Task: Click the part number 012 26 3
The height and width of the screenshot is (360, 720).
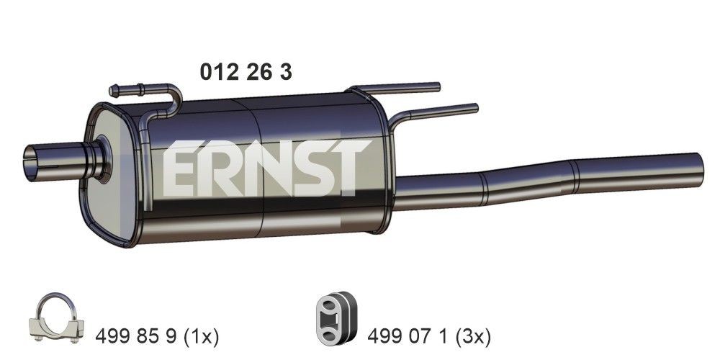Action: [x=245, y=72]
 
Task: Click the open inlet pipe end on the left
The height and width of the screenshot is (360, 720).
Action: [x=32, y=163]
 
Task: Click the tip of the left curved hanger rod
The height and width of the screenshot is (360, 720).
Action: [x=113, y=91]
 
